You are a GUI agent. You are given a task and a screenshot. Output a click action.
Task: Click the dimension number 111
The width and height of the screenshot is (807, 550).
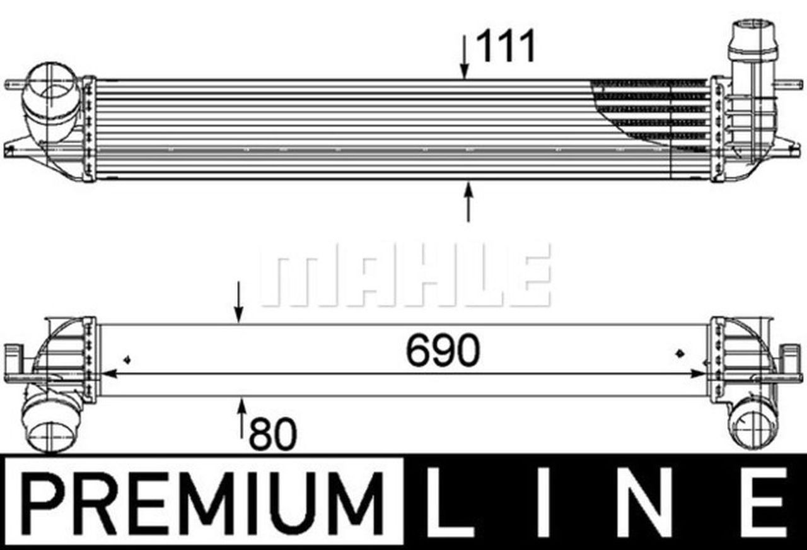(x=506, y=47)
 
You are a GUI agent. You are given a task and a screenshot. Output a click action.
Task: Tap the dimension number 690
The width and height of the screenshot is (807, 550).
(x=443, y=350)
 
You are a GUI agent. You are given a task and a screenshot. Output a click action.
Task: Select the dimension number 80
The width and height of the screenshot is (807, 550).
(x=273, y=435)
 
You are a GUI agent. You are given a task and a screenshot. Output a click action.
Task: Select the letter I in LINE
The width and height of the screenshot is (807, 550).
(x=545, y=501)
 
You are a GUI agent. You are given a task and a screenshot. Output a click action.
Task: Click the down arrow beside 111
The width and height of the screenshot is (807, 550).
(x=465, y=57)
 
